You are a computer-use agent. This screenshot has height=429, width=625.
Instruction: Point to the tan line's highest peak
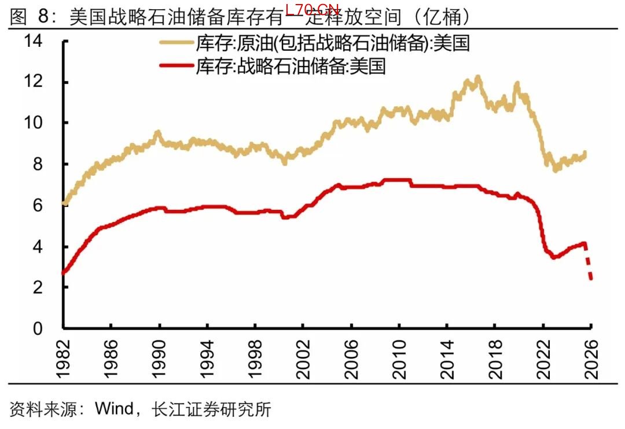coord(478,77)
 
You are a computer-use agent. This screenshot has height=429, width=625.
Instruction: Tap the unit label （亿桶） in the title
coord(441,17)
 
